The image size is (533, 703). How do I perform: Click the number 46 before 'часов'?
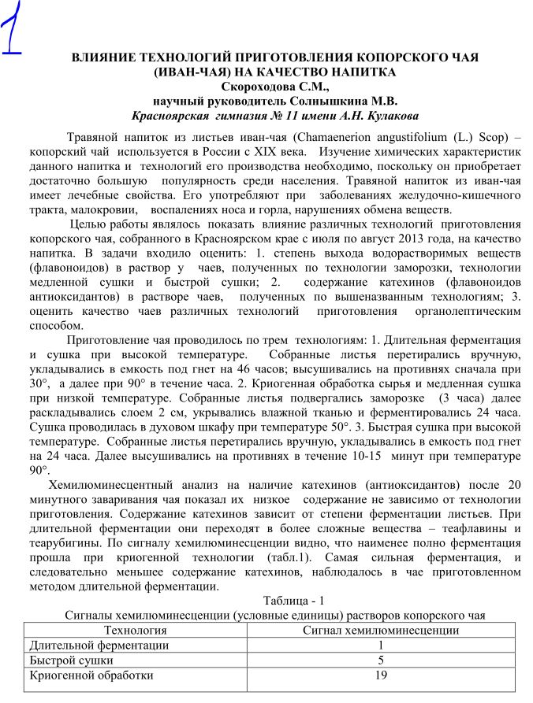246,370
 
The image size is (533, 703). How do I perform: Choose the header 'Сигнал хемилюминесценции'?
381,631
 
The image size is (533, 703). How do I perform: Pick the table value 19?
382,675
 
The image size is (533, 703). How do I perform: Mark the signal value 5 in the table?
382,660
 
